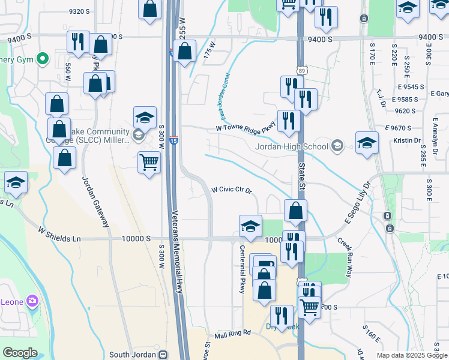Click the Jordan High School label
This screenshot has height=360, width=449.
pos(291,146)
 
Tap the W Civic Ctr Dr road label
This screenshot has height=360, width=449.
pos(231,190)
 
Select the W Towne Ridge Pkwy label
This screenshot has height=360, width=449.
pos(245,128)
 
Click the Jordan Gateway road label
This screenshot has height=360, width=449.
pos(95,202)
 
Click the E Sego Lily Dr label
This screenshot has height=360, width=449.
pos(358,205)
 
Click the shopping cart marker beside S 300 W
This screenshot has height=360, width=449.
pos(149,161)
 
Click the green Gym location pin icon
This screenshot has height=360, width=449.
pos(42,59)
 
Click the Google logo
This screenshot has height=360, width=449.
pos(20,353)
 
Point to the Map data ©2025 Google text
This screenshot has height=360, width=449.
pos(412,355)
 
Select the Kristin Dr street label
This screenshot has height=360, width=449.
pos(408,140)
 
